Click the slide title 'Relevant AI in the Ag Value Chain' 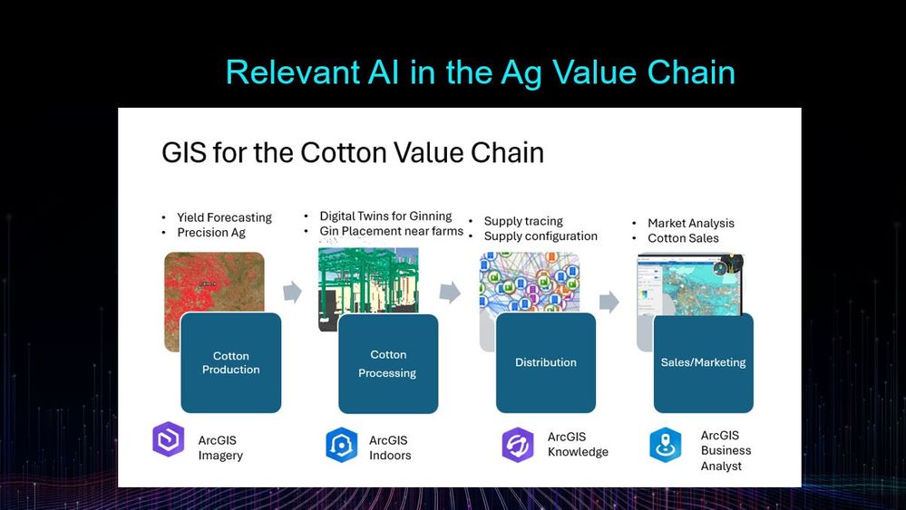click(480, 73)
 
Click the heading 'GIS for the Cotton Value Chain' click(353, 153)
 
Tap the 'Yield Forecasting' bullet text click(224, 217)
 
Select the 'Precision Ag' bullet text click(211, 233)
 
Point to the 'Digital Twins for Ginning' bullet click(386, 216)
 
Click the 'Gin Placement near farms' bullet click(391, 231)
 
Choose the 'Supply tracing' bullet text click(523, 221)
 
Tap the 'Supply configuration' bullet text click(541, 236)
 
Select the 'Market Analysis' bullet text click(691, 223)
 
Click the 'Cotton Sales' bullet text click(683, 238)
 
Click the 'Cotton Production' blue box click(231, 363)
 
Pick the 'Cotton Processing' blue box click(388, 364)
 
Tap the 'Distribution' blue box click(546, 363)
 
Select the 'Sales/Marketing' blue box click(704, 363)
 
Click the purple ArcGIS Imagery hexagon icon click(168, 439)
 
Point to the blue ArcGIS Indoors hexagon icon click(342, 445)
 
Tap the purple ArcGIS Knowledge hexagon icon click(518, 445)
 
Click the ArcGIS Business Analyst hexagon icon click(666, 445)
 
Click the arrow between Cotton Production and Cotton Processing click(292, 292)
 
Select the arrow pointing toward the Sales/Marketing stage click(609, 302)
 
